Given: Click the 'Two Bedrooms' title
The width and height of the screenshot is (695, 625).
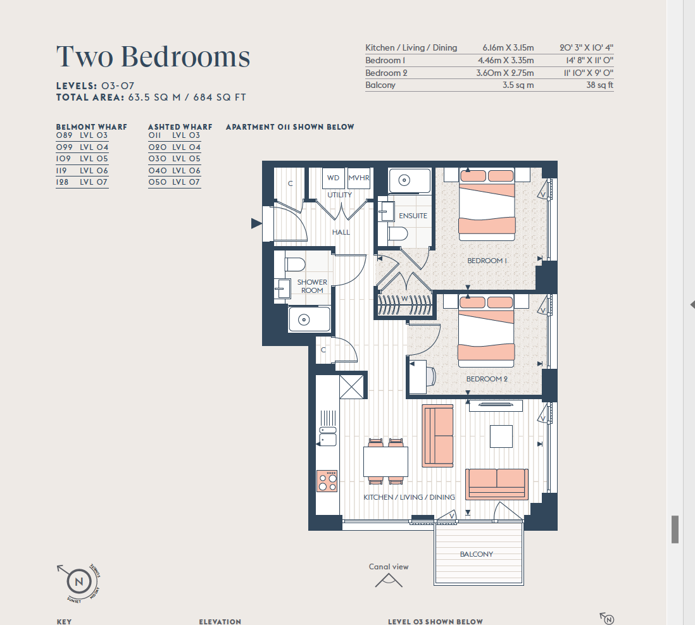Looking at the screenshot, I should [153, 57].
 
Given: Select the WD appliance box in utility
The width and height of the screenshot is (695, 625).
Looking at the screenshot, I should [333, 178].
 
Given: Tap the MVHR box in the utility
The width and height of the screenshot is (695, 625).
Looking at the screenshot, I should [359, 178].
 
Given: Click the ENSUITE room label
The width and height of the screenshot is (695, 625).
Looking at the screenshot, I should [413, 216].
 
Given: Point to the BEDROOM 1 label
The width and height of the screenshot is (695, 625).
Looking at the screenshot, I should [487, 261].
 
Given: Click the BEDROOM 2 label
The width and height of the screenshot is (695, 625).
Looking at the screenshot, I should [486, 379].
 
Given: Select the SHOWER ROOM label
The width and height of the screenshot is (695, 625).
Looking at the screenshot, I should [313, 286].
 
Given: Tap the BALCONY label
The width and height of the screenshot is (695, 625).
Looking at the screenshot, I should [476, 554].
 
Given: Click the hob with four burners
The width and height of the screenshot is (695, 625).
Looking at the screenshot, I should [328, 481].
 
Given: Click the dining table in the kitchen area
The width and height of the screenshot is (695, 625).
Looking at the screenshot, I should [385, 461].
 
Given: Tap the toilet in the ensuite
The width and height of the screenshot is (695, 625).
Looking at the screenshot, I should [399, 235].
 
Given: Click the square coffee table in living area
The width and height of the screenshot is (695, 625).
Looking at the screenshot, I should [501, 436].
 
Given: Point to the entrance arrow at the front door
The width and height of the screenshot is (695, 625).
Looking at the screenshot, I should [256, 223].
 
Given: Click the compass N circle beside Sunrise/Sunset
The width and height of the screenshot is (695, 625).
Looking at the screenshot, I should [79, 581].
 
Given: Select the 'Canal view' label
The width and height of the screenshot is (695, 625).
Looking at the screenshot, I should [389, 567].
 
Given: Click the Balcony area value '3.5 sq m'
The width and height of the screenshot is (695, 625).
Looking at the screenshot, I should [518, 85].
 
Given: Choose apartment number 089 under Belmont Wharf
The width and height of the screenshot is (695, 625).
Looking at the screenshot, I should [65, 135].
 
